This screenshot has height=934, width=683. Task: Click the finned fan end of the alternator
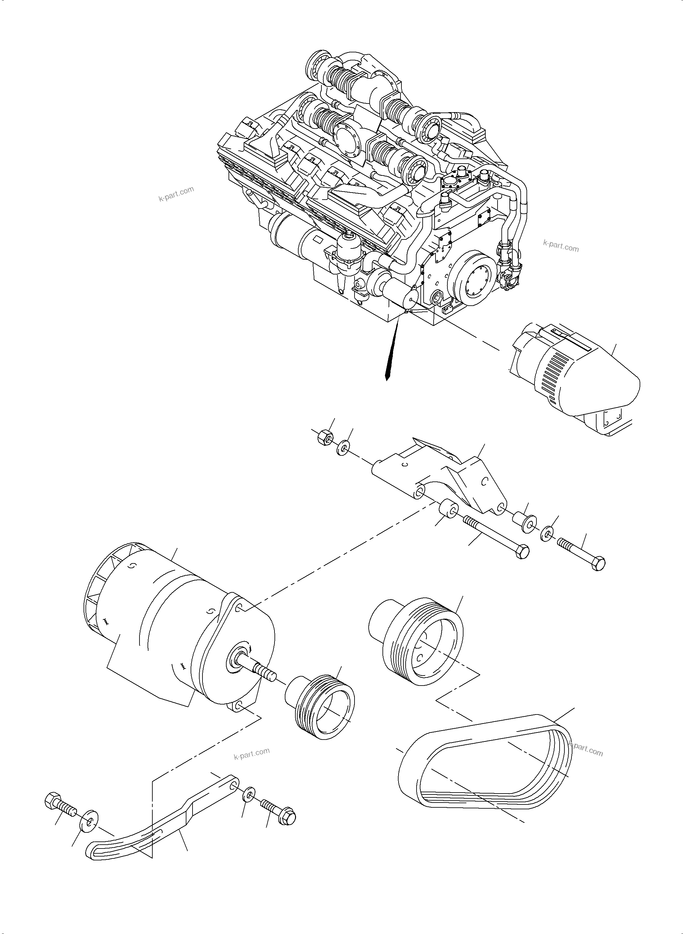point(99,595)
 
